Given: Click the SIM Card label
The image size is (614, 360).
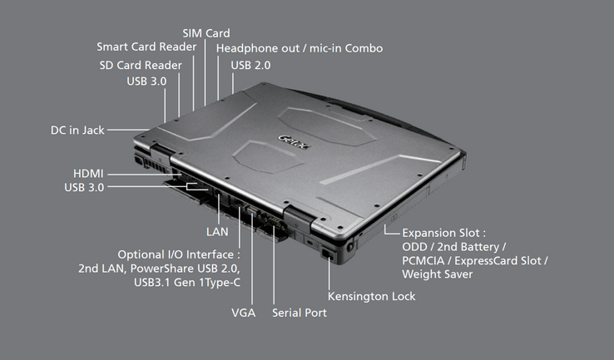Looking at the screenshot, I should coord(206,32).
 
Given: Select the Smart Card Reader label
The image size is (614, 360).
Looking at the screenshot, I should coord(146,47).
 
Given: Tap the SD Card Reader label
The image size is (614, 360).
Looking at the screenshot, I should coord(141,65).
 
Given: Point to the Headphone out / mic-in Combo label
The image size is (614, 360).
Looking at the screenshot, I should coord(300,48).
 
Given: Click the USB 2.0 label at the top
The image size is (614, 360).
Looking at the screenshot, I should coord(251,65).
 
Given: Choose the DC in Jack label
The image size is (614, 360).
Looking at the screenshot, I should coord(77,130).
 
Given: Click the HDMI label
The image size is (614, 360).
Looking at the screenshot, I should coord(88,173).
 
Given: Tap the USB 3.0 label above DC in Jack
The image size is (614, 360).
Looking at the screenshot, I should coord(146,81).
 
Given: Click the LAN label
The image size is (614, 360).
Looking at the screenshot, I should coord(217,231).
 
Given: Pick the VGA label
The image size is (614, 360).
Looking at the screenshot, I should coord(244,313).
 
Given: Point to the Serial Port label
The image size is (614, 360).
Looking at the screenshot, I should coord(300,313).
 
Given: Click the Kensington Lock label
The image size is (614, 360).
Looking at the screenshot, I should coord(372,296).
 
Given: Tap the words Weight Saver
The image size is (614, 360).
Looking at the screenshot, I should coord(438,274).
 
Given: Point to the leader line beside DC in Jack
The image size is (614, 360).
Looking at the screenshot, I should coord(130,130).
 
